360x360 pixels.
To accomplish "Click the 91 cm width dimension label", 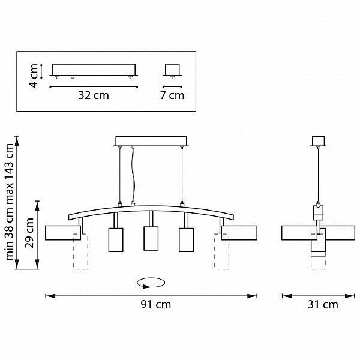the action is pos(155,305).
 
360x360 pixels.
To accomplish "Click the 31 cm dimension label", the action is pos(323,305).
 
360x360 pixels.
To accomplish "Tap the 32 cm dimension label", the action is pos(94,95).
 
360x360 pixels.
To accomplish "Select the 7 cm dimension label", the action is pos(172,95).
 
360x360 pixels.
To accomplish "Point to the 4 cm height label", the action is pos(34,76).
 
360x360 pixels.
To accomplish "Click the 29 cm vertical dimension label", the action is pos(29,233).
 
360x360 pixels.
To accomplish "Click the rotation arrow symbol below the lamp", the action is pos(151,283).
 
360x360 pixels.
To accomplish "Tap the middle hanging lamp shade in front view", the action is pos(151,239).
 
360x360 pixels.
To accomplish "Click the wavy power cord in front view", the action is pos(133,175).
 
